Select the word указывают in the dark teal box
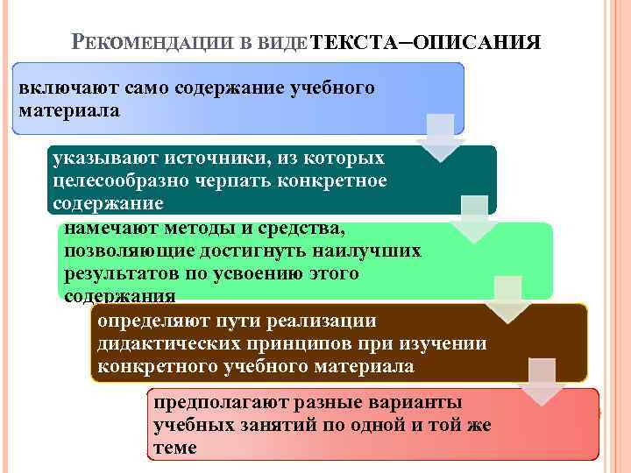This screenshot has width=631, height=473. pyautogui.click(x=96, y=159)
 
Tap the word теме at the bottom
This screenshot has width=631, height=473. pyautogui.click(x=174, y=448)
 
